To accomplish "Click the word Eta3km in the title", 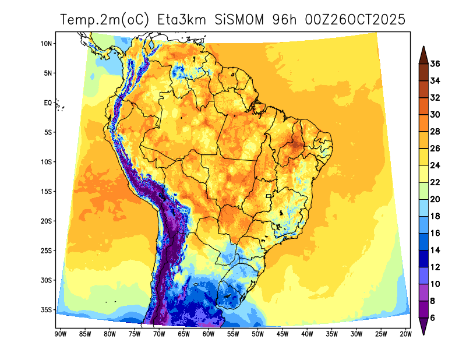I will point(181,20).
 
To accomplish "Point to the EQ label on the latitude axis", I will point(48,103).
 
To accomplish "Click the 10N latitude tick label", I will point(47,44).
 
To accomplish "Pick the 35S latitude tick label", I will point(47,309).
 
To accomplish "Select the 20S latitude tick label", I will point(47,221).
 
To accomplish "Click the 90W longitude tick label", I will point(59,334).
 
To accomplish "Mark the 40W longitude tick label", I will point(307,334).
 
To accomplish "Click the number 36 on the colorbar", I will point(435,64).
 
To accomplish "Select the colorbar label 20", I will point(435,199).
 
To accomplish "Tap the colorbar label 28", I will point(435,132).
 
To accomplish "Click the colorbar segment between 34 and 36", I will point(423,72).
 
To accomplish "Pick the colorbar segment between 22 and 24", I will point(423,174).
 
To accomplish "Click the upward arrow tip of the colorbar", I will point(423,49).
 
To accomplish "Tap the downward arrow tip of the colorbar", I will point(423,333).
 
